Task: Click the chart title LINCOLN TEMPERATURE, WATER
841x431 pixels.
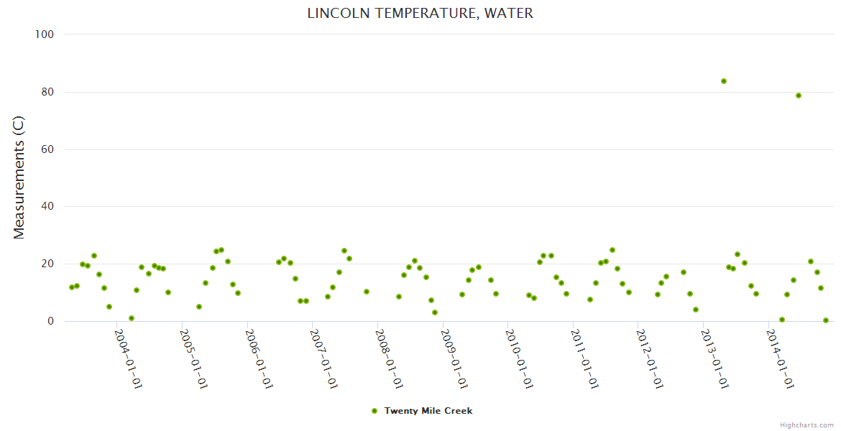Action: click(420, 13)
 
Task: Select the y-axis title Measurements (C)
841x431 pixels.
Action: click(19, 177)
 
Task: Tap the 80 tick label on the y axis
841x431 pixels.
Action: click(48, 92)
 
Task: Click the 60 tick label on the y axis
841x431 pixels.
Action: click(48, 149)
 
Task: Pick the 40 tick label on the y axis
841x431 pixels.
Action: click(48, 207)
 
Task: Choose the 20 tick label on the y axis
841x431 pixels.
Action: click(48, 264)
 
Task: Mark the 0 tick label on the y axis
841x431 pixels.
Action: click(51, 321)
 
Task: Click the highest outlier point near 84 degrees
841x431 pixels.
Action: click(724, 81)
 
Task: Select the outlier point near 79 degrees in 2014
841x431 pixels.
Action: click(799, 96)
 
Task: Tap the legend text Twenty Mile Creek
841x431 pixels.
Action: click(428, 411)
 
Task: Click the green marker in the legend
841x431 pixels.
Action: click(374, 411)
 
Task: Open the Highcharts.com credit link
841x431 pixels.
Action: click(806, 425)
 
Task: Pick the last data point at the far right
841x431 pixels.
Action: click(826, 320)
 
